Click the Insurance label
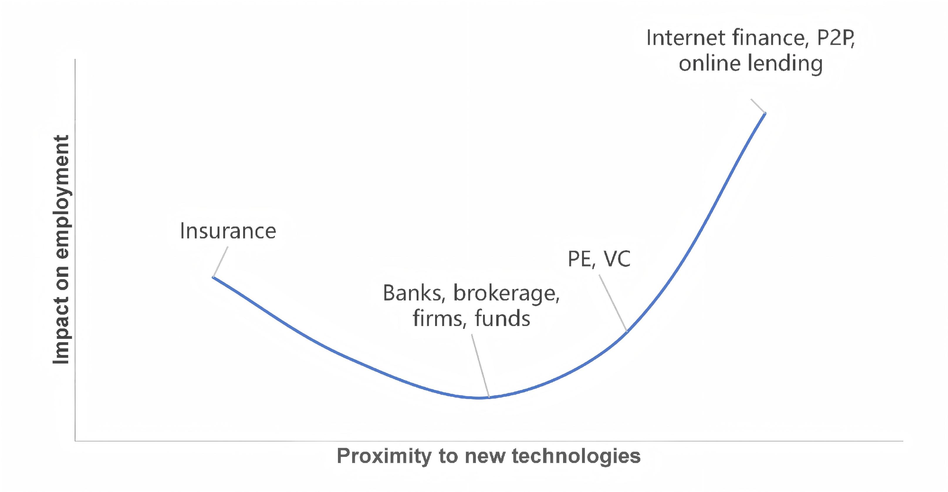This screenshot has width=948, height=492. (x=228, y=231)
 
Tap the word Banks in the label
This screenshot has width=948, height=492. (x=413, y=293)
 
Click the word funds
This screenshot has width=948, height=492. (x=502, y=318)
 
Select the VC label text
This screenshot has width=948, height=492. (x=617, y=259)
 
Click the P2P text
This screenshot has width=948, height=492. (x=835, y=38)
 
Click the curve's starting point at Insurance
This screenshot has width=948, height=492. (x=213, y=277)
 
